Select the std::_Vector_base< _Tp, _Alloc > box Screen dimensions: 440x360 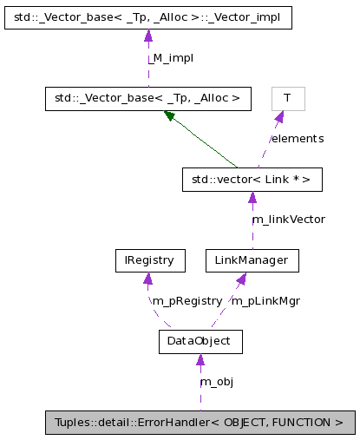147,99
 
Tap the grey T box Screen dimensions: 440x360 287,99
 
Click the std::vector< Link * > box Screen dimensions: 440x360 252,180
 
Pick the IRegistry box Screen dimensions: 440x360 149,259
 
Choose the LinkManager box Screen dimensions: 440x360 252,259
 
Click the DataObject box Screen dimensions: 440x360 200,342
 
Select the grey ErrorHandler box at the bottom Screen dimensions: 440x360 200,424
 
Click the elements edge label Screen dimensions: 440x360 298,139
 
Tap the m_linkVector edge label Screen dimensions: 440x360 289,220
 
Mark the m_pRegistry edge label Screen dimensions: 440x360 187,300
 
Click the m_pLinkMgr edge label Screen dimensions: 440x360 265,300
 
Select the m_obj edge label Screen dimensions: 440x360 217,382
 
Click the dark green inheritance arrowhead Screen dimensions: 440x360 170,116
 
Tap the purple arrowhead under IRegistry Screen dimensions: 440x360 148,278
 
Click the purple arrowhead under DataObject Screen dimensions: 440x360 200,360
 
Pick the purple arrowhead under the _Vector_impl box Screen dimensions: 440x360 147,36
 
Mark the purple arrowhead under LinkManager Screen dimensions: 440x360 242,278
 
